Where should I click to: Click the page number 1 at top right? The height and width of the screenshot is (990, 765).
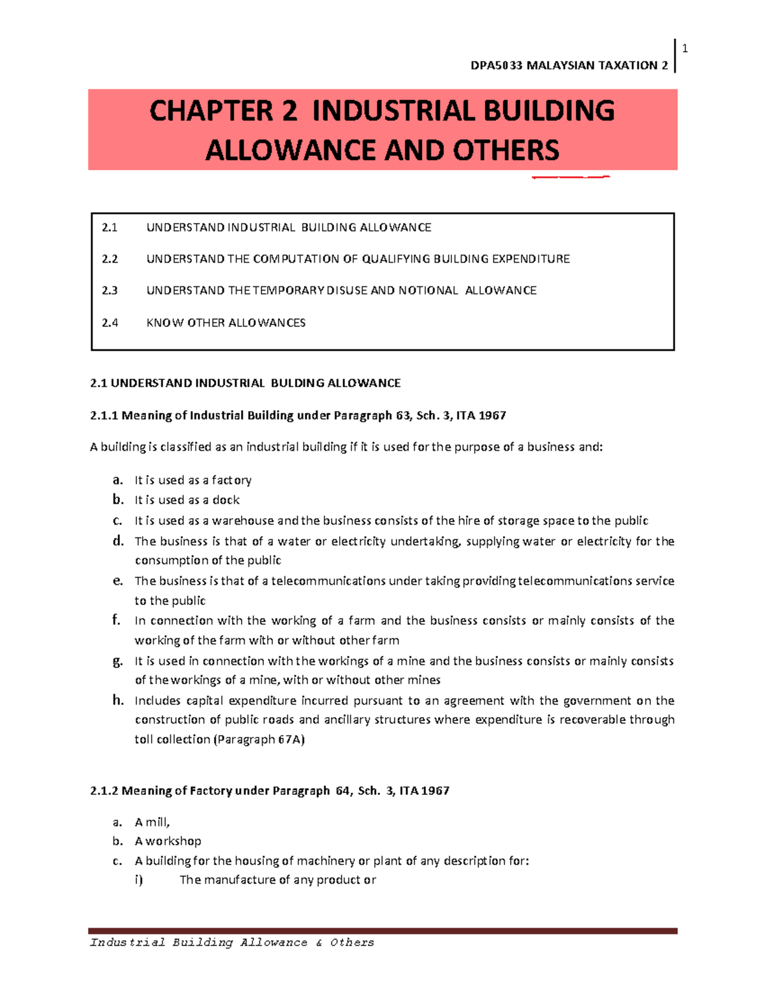click(685, 48)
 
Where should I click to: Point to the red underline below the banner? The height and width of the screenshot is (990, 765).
click(571, 177)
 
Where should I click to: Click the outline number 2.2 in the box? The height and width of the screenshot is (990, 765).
click(110, 259)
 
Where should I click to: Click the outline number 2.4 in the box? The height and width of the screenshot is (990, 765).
click(110, 323)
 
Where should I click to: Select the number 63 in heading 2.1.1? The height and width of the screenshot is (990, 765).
click(403, 416)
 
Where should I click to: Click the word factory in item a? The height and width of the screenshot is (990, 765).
click(231, 480)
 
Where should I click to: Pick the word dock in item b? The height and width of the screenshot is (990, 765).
click(226, 500)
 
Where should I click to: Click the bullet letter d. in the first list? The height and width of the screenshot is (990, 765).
click(118, 541)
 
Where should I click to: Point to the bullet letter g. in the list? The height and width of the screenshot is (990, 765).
click(118, 661)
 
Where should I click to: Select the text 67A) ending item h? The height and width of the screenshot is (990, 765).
click(291, 739)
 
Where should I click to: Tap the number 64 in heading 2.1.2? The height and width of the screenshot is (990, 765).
click(342, 790)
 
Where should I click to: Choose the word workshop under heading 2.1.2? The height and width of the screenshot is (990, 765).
click(173, 841)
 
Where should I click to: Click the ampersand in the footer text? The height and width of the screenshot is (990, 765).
click(319, 942)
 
